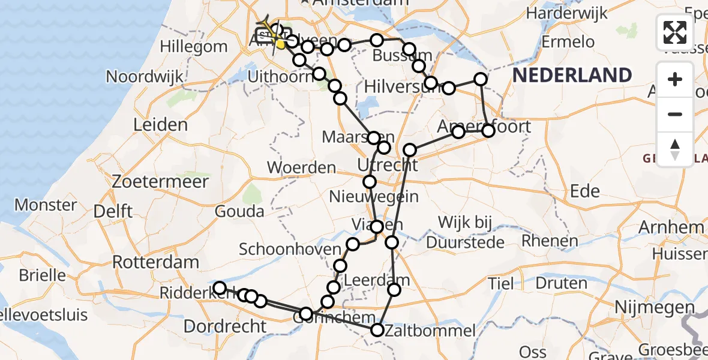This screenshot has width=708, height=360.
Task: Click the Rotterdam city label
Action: [155, 262]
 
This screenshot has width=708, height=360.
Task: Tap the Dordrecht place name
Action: [224, 327]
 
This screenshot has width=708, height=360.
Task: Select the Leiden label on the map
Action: [160, 125]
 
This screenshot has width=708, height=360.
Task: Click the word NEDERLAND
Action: [572, 76]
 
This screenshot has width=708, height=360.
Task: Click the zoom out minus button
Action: [675, 114]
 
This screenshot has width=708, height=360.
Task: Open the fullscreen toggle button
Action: [675, 32]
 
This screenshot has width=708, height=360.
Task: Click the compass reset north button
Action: [675, 149]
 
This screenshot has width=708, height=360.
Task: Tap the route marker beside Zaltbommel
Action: [377, 330]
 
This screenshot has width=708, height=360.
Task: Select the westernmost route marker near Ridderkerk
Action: [220, 288]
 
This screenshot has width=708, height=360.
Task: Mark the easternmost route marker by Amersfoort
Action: [488, 130]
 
